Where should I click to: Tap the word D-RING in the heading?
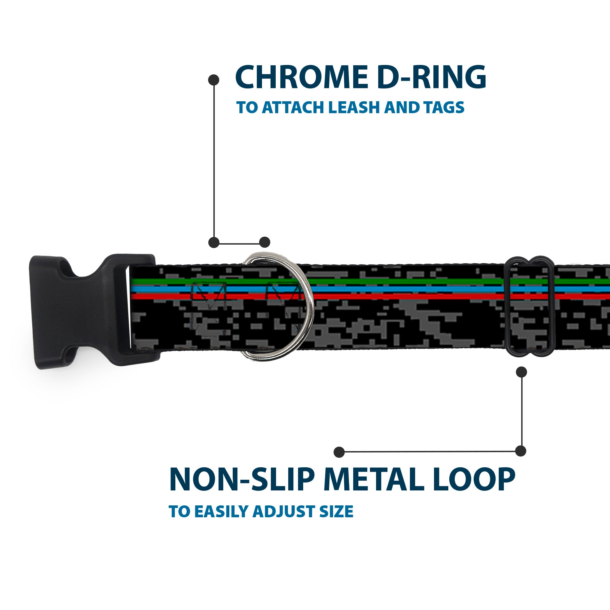click(x=431, y=77)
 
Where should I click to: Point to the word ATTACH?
click(x=294, y=108)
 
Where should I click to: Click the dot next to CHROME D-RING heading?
click(x=214, y=80)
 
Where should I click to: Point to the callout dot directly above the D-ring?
click(x=264, y=242)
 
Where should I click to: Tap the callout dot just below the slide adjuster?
click(x=521, y=372)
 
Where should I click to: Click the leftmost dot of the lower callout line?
click(x=339, y=452)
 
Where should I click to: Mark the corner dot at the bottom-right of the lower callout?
click(x=521, y=451)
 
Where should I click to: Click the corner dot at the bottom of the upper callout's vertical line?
click(x=214, y=242)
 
